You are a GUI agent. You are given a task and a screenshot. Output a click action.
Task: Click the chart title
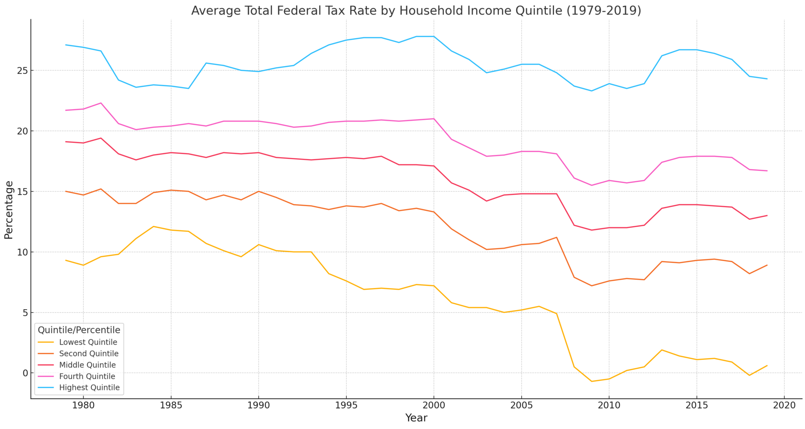(416, 10)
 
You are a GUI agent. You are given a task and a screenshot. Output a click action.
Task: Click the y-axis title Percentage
(9, 209)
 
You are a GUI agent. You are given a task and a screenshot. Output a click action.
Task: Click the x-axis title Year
(416, 418)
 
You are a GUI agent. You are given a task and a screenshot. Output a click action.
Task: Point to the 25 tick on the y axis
(22, 70)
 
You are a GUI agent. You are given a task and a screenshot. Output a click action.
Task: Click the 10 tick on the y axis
(22, 252)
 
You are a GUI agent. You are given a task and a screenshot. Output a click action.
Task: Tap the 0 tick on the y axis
(24, 373)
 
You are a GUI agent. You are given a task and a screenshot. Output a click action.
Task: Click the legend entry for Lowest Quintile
(88, 342)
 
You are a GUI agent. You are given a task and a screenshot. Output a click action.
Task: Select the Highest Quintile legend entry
(89, 388)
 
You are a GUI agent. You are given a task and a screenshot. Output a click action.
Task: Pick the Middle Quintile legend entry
(87, 365)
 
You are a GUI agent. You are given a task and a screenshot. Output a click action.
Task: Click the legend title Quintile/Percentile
(79, 330)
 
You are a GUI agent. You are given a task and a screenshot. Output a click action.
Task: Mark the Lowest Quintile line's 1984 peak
(153, 226)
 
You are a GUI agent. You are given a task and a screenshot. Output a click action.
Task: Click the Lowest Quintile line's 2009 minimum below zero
(592, 381)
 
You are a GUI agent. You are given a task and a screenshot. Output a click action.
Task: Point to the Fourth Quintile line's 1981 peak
(101, 103)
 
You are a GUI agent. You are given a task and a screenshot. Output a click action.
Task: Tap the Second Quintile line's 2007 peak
(556, 238)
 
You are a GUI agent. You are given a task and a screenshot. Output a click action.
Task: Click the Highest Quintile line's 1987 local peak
(206, 63)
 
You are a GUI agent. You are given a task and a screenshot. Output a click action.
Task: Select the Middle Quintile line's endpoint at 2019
(767, 215)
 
